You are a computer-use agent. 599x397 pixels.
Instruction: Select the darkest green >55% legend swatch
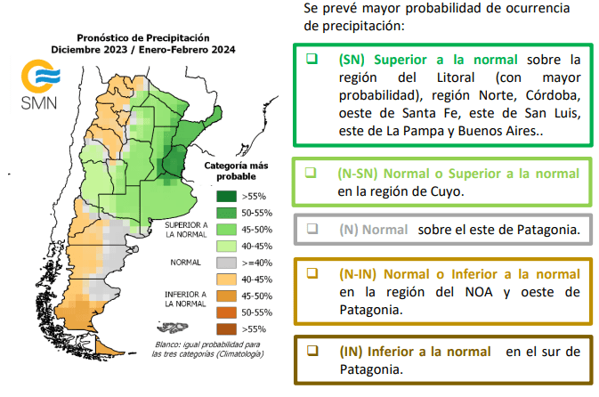225,196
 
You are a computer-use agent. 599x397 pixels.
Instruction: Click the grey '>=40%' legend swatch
225,263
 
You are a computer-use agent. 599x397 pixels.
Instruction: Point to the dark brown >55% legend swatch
225,328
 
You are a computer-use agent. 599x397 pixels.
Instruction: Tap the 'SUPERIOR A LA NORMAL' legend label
187,231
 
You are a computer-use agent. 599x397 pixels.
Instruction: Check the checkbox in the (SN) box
312,59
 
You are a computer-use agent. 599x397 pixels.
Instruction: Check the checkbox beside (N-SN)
312,172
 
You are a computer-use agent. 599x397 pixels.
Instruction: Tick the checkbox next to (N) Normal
312,229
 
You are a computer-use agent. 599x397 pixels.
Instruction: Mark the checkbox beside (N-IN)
312,273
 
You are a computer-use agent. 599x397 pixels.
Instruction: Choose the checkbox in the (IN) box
312,351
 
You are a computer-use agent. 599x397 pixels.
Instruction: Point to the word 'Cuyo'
446,190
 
